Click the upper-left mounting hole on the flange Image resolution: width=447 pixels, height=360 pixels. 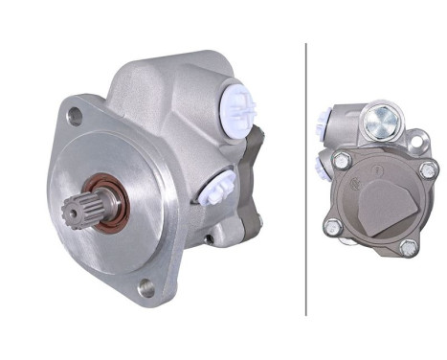click(x=76, y=118)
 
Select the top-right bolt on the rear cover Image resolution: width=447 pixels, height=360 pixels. click(x=427, y=170)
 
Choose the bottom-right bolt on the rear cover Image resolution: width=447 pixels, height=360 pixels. click(x=410, y=247)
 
